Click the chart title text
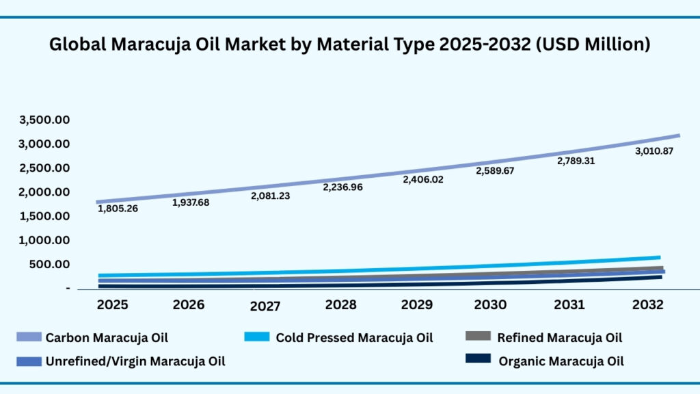tap(349, 45)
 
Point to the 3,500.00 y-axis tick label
tap(45, 120)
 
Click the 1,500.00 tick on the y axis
tap(45, 216)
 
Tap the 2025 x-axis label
tap(112, 304)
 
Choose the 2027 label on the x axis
tap(265, 306)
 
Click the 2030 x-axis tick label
tap(491, 304)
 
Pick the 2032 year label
tap(647, 304)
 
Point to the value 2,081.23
tap(269, 196)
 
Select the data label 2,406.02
tap(423, 180)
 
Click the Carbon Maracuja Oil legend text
tap(107, 337)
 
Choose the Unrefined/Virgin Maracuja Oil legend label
tap(135, 361)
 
